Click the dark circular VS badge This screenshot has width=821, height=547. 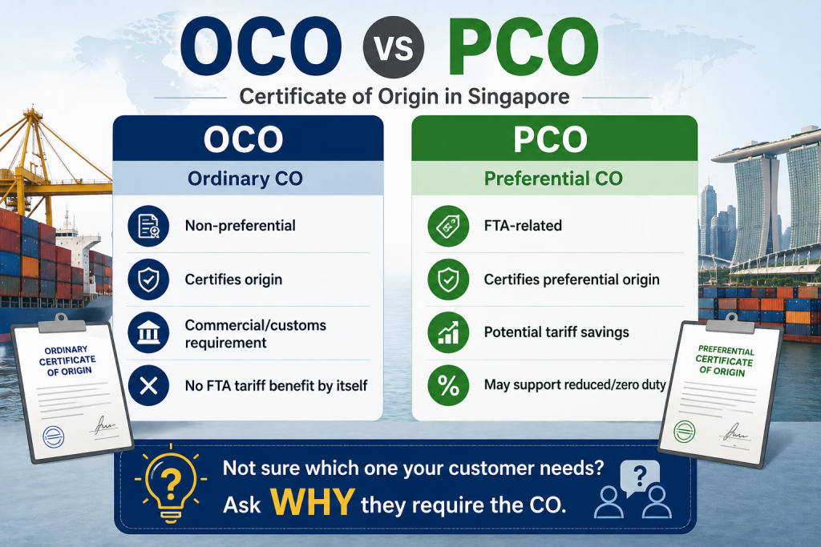pos(393,47)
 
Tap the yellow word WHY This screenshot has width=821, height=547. pos(313,502)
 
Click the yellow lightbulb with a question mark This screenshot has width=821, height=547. pos(170,485)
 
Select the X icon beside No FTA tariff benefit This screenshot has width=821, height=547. pos(148,386)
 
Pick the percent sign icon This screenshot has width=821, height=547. pos(448,385)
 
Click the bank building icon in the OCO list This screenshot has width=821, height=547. pos(148,332)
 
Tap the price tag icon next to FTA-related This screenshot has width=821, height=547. pos(448,226)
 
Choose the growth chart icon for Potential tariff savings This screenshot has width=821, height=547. pos(448,332)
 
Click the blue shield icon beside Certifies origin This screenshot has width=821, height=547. pos(148,280)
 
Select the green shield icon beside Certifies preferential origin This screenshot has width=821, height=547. pos(448,280)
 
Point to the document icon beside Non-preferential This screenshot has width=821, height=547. pos(148,226)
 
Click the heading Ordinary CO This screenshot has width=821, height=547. pos(245,179)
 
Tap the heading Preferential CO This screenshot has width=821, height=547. pos(553,179)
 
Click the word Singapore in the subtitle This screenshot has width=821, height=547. pos(519,97)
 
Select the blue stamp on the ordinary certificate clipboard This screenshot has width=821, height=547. pos(53,436)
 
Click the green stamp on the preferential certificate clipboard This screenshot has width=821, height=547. pos(684,432)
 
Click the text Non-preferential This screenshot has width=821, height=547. pos(241,225)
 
